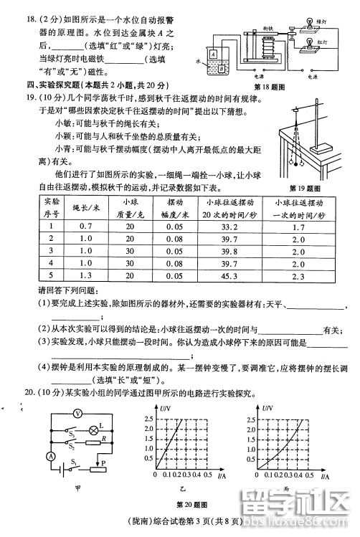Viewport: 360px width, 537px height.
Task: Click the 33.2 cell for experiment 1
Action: [221, 227]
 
